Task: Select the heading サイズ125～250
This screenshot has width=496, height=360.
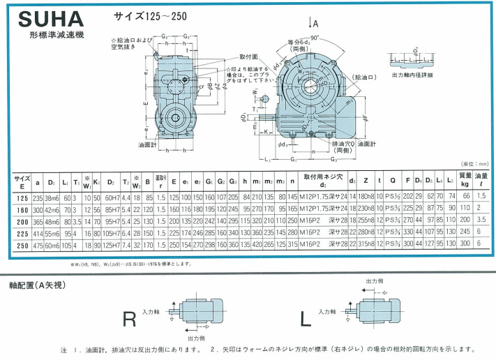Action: [146, 15]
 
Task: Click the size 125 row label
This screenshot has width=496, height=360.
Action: [20, 197]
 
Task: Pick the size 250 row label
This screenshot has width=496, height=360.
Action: [20, 245]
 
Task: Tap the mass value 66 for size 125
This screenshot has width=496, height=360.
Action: [464, 197]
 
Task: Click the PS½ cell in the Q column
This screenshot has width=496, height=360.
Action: [393, 197]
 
